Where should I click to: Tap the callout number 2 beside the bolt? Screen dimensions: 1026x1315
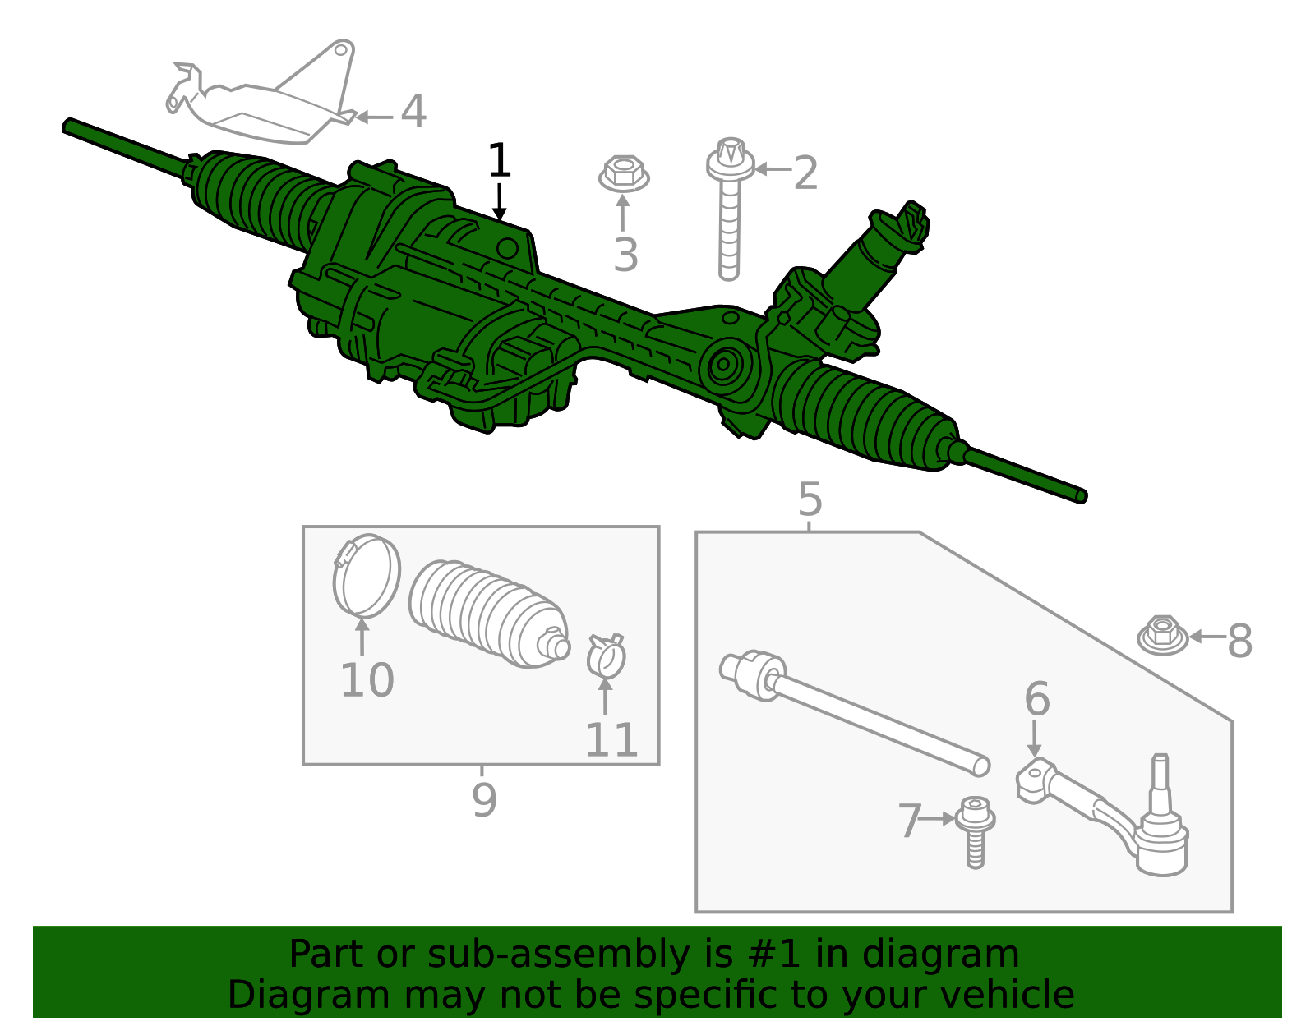805,173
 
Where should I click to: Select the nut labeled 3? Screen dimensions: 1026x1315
623,174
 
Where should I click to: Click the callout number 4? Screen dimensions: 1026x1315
413,112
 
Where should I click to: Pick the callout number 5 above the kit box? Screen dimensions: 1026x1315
810,499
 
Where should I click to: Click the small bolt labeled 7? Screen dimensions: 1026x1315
976,830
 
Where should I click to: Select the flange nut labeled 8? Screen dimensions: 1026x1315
1162,636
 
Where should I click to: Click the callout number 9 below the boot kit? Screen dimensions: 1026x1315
484,799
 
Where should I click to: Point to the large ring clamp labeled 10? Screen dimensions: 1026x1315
367,575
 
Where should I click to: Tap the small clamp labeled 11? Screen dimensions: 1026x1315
607,656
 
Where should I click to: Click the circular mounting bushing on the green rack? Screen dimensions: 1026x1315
724,366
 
